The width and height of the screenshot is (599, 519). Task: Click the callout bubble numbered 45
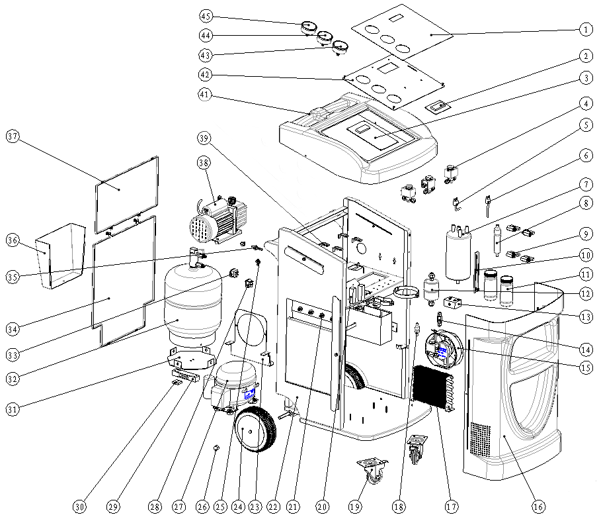[206, 16]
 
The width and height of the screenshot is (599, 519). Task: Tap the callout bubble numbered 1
[586, 29]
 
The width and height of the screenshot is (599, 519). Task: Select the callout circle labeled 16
[538, 507]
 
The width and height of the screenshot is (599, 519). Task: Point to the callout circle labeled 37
[13, 136]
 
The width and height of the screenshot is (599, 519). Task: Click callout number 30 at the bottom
[79, 507]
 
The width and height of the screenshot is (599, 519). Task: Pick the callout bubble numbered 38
[204, 163]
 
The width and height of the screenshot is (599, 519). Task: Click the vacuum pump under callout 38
[218, 220]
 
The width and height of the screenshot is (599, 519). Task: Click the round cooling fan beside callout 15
[444, 348]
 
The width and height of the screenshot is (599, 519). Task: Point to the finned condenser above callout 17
[433, 387]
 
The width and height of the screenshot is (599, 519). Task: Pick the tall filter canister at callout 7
[458, 252]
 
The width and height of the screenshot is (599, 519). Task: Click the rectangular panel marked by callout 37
[126, 195]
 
